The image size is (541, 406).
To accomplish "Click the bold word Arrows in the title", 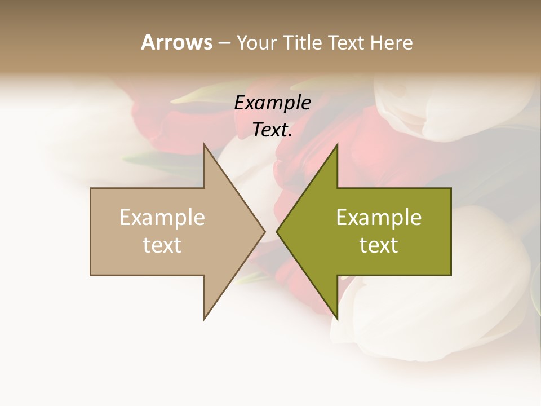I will point(176,42).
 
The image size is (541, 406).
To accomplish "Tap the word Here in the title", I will point(392,42).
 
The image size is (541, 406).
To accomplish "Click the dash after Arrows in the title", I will point(224,43).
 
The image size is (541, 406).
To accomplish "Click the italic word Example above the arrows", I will point(273,103).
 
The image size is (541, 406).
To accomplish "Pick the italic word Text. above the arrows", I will point(273,130).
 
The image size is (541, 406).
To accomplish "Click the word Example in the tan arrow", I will point(162,218).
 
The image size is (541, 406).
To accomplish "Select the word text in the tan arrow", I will point(162,245).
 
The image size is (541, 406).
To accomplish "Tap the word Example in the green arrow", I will point(379,218).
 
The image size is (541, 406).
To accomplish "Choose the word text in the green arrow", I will point(379,245).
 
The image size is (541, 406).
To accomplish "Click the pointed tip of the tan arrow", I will point(265,231).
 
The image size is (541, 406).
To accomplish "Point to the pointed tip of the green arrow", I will point(277,231).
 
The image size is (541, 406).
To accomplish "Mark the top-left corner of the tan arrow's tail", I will point(91,188).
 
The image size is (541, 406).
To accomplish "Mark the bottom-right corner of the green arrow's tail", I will point(451,275).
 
